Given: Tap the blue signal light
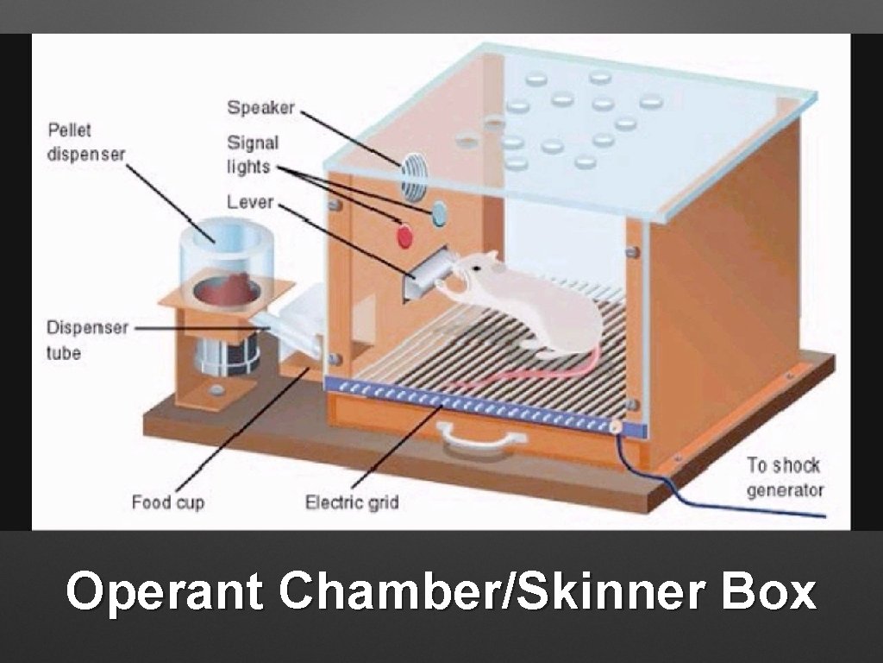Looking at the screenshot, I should (x=438, y=212).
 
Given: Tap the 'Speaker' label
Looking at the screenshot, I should (x=260, y=108).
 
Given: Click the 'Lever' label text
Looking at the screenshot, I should (x=250, y=202).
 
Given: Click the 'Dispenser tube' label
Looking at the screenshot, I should (x=86, y=340).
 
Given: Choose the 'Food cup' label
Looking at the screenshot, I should (x=168, y=502).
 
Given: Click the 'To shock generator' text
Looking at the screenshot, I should (x=785, y=477).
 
